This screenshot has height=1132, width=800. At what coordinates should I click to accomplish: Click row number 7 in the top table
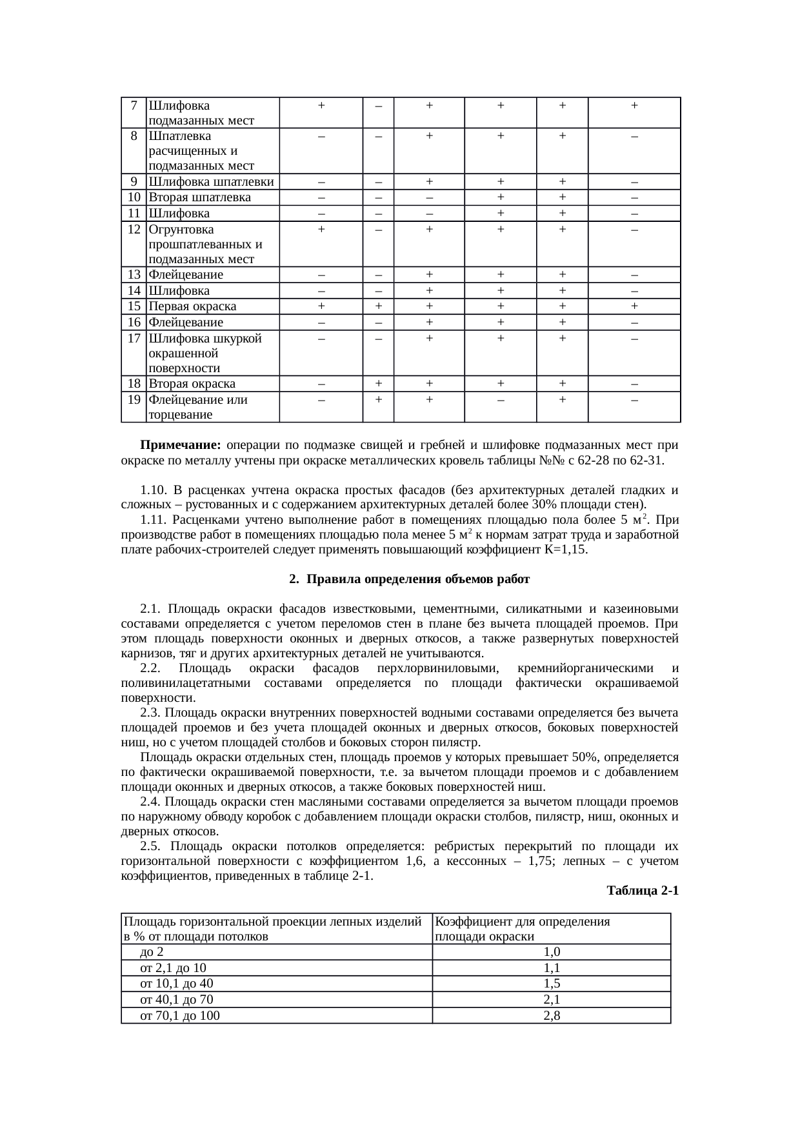click(x=134, y=105)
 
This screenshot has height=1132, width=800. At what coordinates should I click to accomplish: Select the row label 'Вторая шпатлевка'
click(x=199, y=197)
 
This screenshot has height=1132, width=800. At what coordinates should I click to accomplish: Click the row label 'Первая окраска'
click(x=192, y=306)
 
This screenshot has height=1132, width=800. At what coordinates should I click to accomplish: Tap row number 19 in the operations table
click(x=134, y=400)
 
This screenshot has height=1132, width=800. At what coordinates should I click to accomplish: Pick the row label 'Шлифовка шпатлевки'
click(x=211, y=182)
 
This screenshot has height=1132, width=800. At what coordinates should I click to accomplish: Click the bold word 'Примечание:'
click(x=181, y=446)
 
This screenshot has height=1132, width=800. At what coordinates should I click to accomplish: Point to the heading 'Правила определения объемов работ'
click(x=417, y=579)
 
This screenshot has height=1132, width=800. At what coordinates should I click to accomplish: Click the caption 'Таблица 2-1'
click(x=642, y=891)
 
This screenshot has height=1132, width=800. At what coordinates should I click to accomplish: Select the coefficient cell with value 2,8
click(x=552, y=1016)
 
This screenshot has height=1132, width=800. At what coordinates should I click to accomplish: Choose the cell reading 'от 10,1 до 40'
click(x=177, y=984)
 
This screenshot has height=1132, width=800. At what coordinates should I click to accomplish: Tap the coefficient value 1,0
click(x=552, y=952)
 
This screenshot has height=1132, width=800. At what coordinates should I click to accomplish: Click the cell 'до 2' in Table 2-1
click(x=156, y=952)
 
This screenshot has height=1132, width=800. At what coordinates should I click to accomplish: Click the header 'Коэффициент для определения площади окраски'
click(x=523, y=929)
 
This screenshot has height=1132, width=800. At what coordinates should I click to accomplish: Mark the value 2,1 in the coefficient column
click(x=552, y=1000)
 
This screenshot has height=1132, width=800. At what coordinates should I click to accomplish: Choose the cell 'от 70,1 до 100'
click(x=180, y=1016)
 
